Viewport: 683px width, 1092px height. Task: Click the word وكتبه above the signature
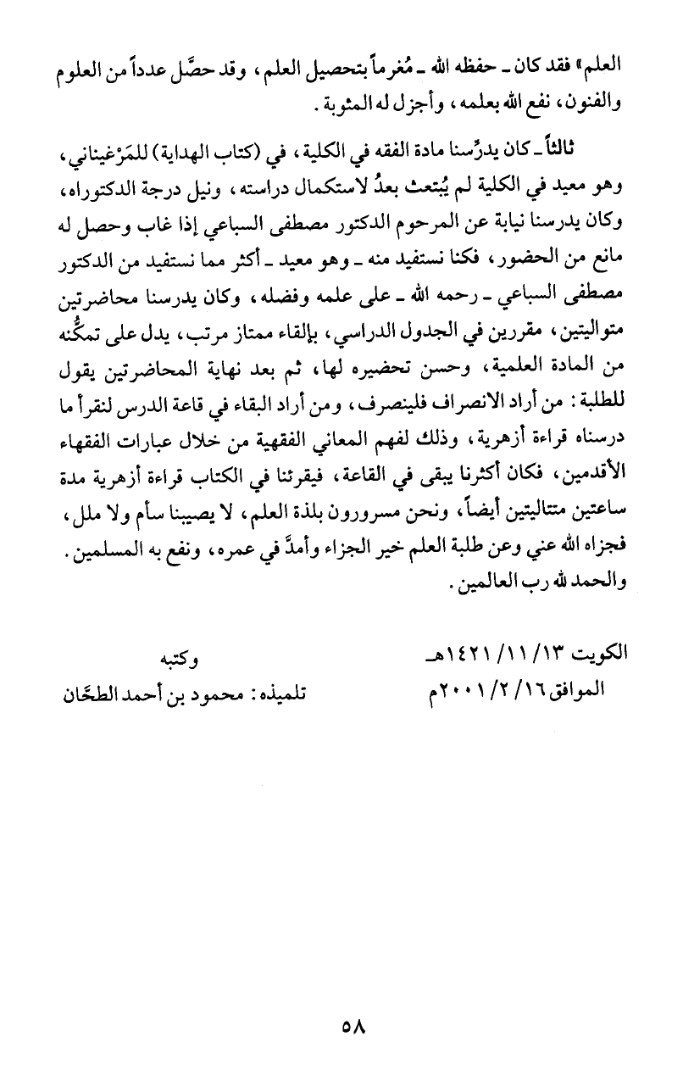[x=182, y=657]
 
